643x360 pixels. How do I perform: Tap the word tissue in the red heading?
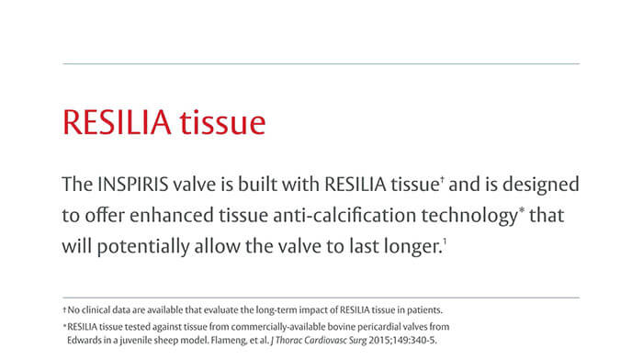click(x=225, y=122)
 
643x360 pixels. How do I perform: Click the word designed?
click(x=538, y=184)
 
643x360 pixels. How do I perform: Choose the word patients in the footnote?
click(x=423, y=309)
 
